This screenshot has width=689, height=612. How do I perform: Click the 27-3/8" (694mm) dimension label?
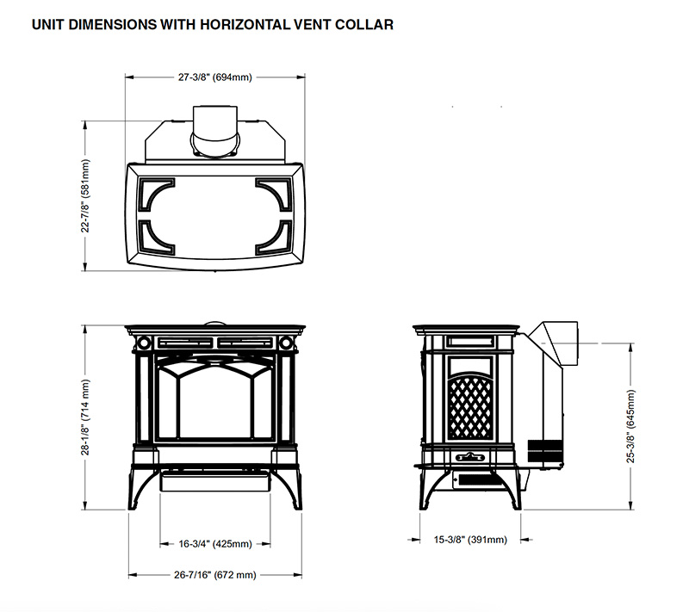point(215,77)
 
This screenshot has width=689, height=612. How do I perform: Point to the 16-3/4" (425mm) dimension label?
point(215,544)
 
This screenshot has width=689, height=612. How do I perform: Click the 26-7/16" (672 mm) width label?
point(215,575)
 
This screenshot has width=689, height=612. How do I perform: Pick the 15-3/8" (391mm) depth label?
point(470,540)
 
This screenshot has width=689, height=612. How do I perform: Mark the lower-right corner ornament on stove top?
point(274,238)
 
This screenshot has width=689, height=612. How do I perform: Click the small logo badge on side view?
point(470,457)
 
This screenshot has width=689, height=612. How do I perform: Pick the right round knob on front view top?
point(285,343)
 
